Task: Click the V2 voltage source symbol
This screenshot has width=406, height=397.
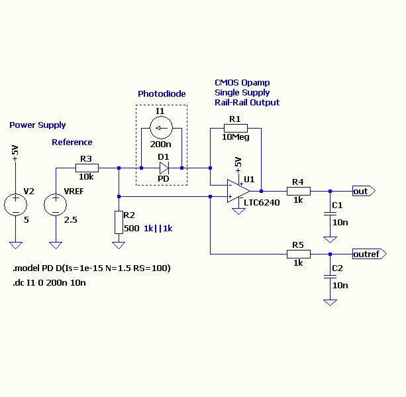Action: (15, 203)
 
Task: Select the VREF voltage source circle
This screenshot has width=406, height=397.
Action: (56, 203)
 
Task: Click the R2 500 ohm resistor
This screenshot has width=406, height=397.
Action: (118, 221)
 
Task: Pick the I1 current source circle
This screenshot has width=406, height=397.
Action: (161, 127)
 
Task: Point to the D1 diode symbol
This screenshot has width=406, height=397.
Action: (162, 168)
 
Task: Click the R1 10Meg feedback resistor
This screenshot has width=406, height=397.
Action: (235, 128)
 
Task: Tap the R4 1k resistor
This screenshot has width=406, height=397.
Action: (298, 191)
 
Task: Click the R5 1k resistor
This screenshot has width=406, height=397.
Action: (298, 254)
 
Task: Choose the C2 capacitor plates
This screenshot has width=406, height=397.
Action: (329, 276)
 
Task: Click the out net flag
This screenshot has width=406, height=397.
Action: (363, 191)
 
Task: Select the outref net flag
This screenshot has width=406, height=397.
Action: (367, 254)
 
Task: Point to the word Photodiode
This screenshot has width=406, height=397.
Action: (162, 94)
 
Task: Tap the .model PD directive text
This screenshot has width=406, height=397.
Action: (91, 268)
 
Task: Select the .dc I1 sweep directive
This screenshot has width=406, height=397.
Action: (49, 283)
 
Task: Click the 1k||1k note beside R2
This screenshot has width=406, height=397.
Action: (158, 228)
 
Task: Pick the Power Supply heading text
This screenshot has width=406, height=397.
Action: (38, 125)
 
